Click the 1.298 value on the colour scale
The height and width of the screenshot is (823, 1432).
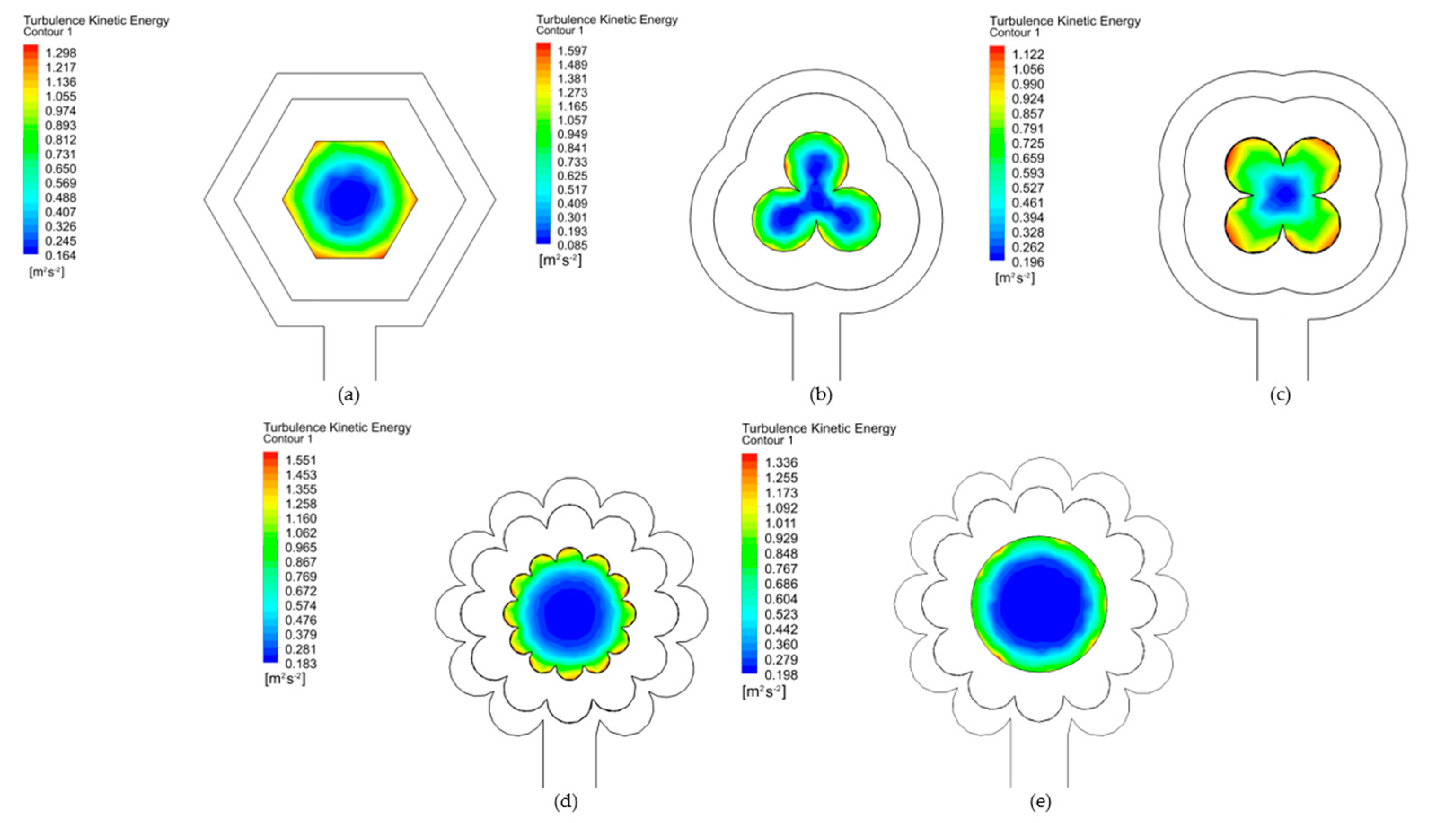pyautogui.click(x=61, y=53)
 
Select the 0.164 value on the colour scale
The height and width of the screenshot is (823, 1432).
pyautogui.click(x=61, y=255)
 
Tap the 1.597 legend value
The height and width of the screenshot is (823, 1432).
pyautogui.click(x=572, y=51)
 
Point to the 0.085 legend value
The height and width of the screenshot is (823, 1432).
pyautogui.click(x=572, y=245)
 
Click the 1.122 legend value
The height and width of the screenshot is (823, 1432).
pyautogui.click(x=1028, y=54)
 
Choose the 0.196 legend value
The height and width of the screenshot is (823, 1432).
pyautogui.click(x=1028, y=262)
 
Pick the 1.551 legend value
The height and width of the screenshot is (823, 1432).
pyautogui.click(x=301, y=460)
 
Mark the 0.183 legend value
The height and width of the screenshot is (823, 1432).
pyautogui.click(x=301, y=664)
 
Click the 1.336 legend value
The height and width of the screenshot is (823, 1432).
pyautogui.click(x=781, y=463)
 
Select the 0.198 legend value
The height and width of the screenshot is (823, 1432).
pyautogui.click(x=781, y=675)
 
